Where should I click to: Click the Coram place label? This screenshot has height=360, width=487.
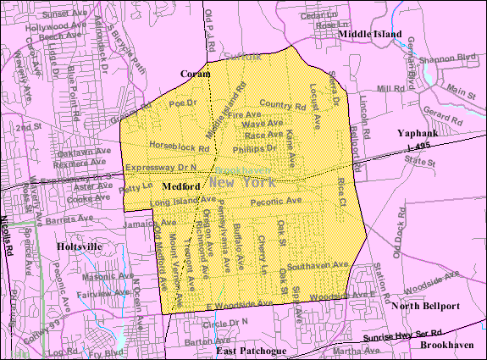click(x=195, y=74)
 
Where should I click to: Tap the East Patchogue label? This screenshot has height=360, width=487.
click(x=248, y=350)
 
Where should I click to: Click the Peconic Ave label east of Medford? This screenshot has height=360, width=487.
click(x=280, y=201)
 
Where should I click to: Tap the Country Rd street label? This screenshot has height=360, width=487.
click(x=283, y=106)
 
